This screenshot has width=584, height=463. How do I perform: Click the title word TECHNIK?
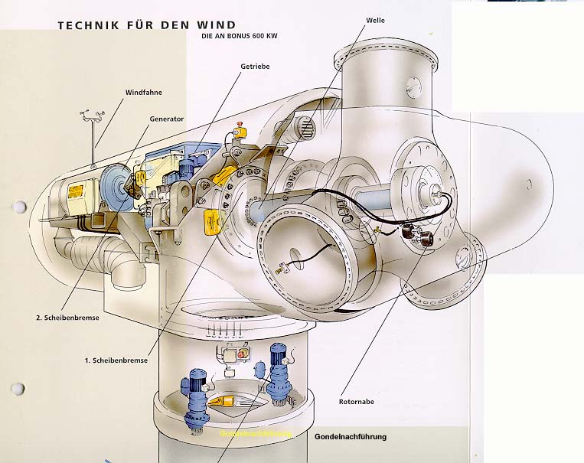click(86, 25)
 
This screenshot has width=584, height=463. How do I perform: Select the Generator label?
click(167, 119)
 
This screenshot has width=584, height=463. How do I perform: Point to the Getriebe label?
click(255, 67)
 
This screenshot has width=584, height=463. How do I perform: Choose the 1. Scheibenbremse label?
click(116, 359)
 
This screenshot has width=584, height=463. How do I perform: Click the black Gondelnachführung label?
click(350, 436)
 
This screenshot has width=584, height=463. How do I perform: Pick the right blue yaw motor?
click(276, 371)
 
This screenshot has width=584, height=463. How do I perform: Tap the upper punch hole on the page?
click(18, 207)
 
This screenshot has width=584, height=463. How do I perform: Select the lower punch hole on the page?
click(18, 389)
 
